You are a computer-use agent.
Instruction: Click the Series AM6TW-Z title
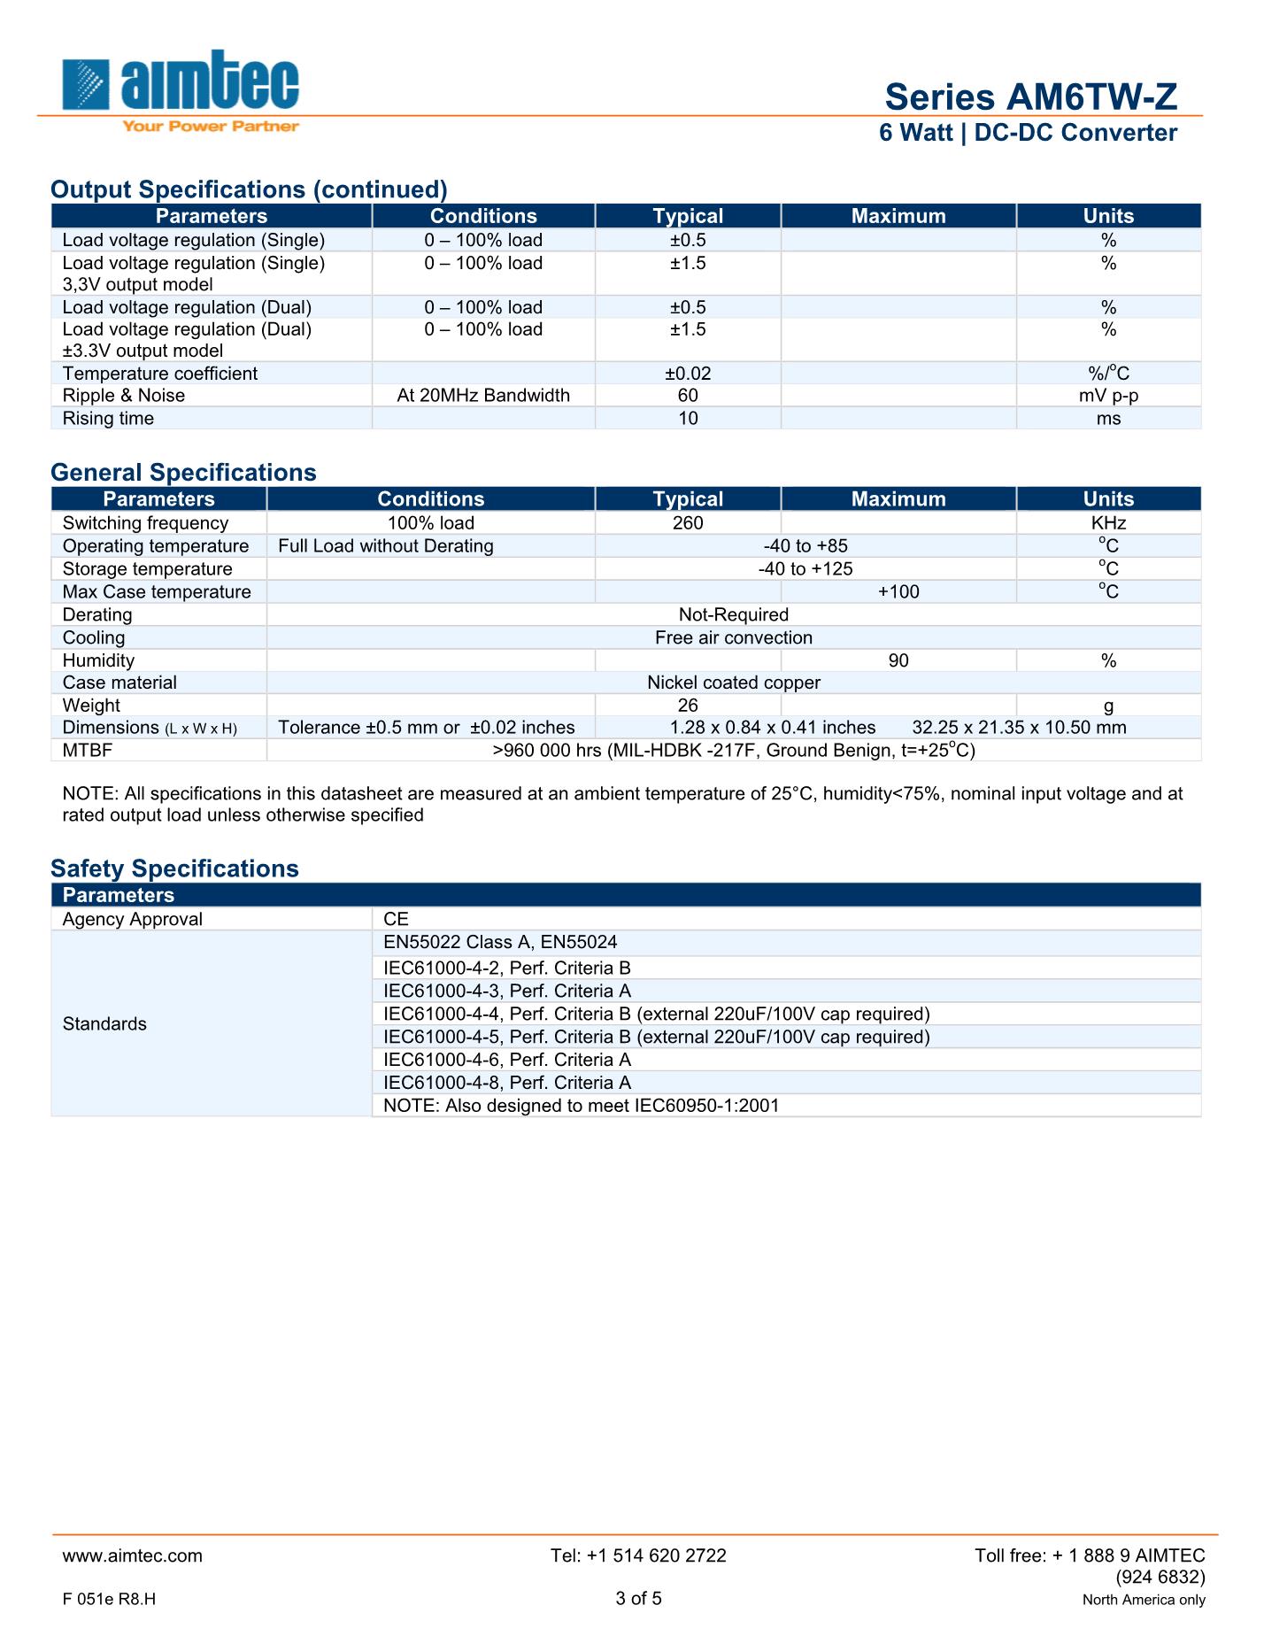click(1030, 96)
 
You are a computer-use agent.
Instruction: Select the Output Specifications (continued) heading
click(249, 189)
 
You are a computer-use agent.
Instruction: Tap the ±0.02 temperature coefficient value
click(688, 374)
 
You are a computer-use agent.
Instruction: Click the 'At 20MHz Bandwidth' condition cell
click(483, 396)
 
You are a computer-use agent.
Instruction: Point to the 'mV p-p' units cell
click(1108, 396)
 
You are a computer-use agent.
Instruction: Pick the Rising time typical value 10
click(688, 419)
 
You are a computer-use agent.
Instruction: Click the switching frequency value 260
click(688, 523)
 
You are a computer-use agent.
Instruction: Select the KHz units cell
click(1108, 523)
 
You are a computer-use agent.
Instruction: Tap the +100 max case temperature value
click(898, 592)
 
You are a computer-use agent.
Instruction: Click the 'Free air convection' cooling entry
click(733, 637)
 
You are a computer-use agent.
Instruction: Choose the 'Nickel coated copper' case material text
click(733, 683)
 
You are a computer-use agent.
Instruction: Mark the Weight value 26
click(688, 706)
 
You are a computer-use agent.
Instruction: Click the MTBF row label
click(88, 751)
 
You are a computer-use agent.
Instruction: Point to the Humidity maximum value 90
click(898, 660)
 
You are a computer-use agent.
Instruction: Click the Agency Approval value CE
click(397, 919)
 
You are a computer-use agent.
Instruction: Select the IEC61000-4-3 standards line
click(507, 992)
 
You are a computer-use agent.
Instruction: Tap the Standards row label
click(104, 1024)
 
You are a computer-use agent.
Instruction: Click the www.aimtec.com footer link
click(133, 1555)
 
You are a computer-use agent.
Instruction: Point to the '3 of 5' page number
click(638, 1598)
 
